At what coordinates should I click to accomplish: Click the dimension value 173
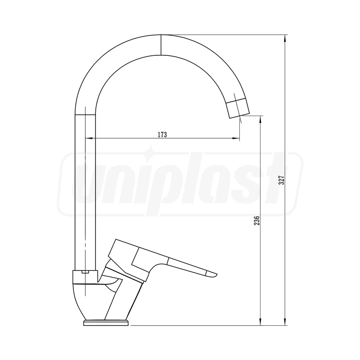(162, 135)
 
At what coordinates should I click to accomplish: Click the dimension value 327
(282, 180)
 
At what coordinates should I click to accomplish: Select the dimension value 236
(256, 220)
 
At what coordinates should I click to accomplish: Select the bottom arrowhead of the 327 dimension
(285, 322)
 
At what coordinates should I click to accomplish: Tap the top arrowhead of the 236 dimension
(261, 119)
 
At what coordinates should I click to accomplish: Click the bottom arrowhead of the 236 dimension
(261, 322)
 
